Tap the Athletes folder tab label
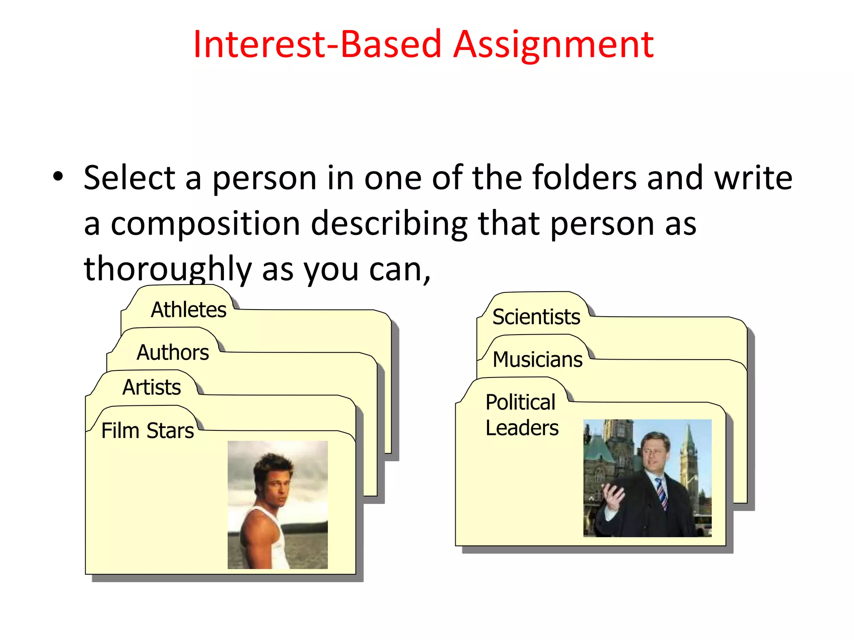[x=188, y=310]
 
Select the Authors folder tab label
[x=173, y=352]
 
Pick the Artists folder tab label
[x=151, y=387]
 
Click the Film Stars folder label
[x=148, y=430]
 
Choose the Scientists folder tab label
[x=536, y=317]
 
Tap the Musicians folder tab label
[x=538, y=359]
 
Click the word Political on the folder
[x=520, y=402]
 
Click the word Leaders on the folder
[x=522, y=428]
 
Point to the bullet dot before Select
[x=58, y=177]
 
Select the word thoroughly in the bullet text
[x=168, y=269]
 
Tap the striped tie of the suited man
[x=661, y=494]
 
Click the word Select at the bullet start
[x=129, y=178]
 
